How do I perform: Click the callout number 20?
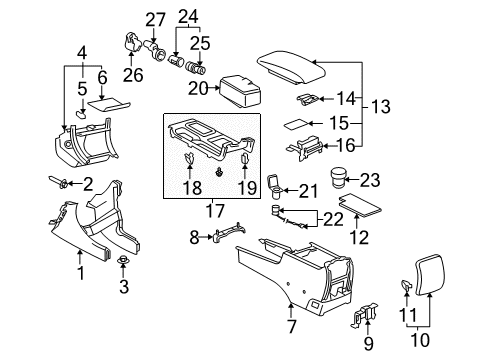pyautogui.click(x=199, y=87)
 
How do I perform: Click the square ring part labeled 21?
pyautogui.click(x=275, y=182)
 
